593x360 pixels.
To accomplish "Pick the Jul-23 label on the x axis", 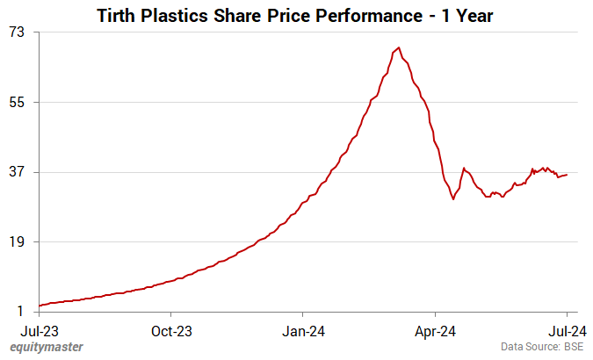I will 40,331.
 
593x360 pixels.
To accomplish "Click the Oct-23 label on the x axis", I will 171,331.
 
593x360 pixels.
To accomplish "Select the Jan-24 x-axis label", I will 303,331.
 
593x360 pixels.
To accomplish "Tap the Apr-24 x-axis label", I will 435,331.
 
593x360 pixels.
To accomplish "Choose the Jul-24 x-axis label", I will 567,331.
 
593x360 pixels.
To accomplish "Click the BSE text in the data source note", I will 573,347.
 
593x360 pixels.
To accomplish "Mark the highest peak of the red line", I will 399,47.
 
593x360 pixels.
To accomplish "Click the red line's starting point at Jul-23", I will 40,306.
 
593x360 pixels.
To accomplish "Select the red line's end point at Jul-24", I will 567,174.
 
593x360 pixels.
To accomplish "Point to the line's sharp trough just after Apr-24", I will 453,199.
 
